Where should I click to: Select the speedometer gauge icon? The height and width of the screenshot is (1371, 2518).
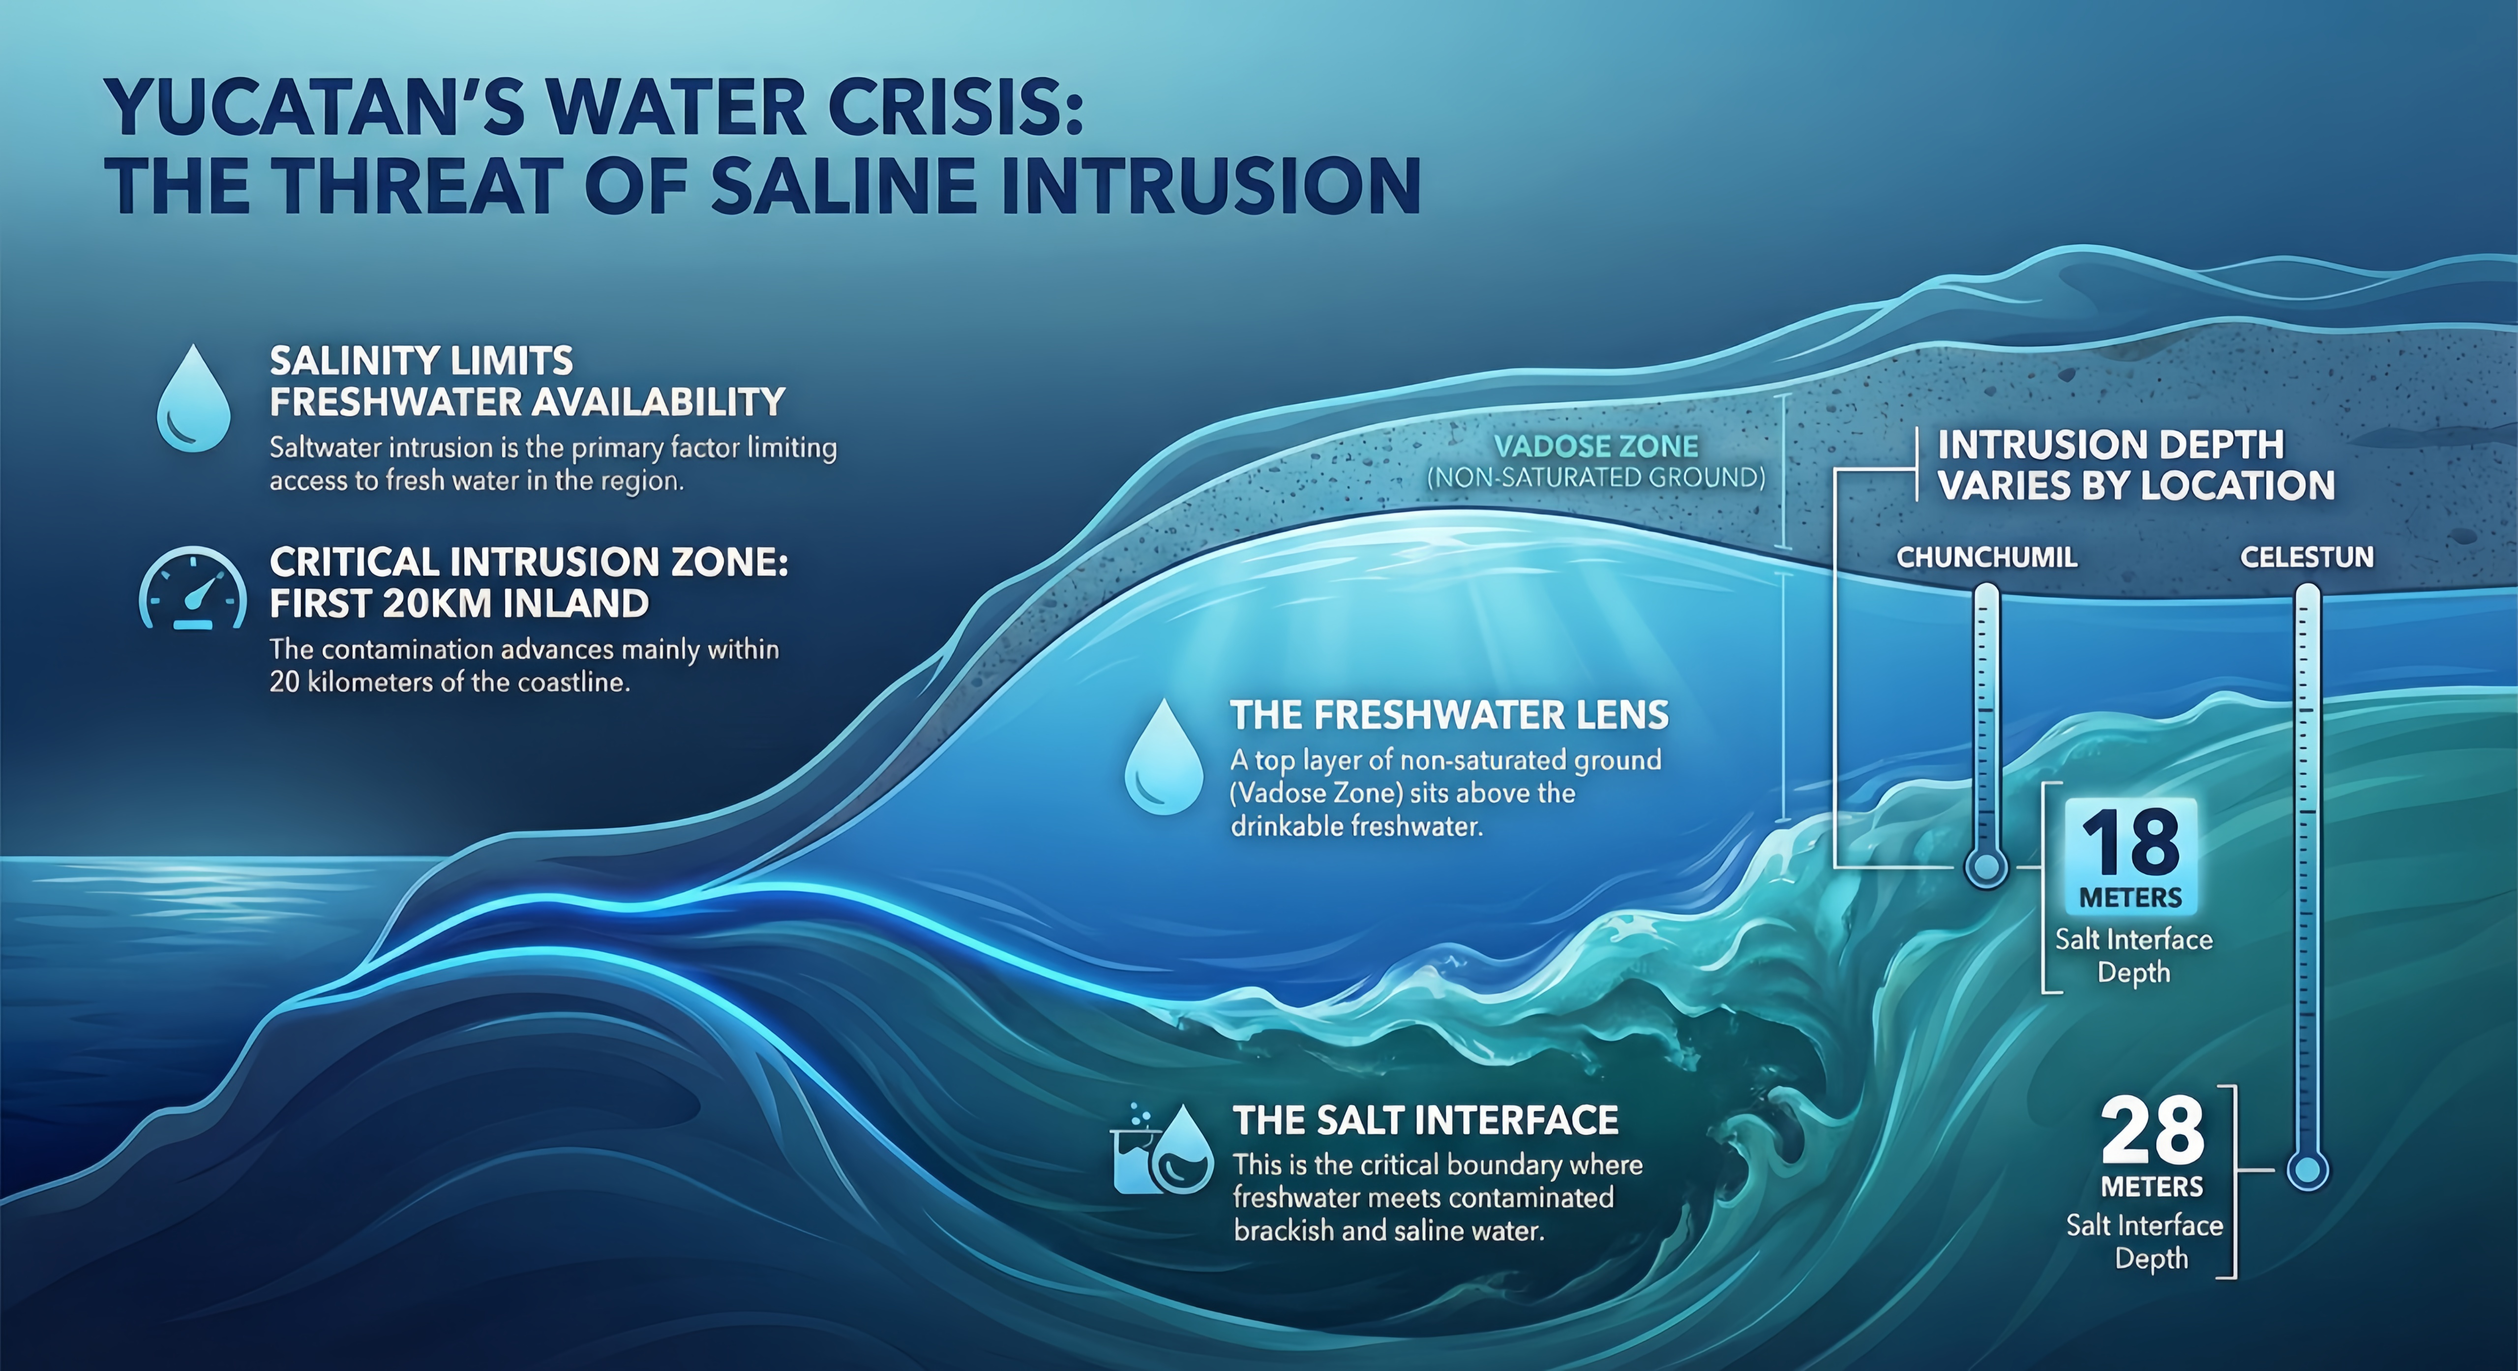tap(193, 588)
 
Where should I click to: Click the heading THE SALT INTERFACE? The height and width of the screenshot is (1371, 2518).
tap(1425, 1121)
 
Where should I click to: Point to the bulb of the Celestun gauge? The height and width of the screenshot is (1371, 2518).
tap(2308, 1170)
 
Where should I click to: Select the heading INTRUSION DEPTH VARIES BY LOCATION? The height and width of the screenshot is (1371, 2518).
tap(2136, 465)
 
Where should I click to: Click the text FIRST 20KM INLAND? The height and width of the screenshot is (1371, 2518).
tap(459, 604)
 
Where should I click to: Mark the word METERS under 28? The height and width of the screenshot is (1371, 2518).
tap(2153, 1187)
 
